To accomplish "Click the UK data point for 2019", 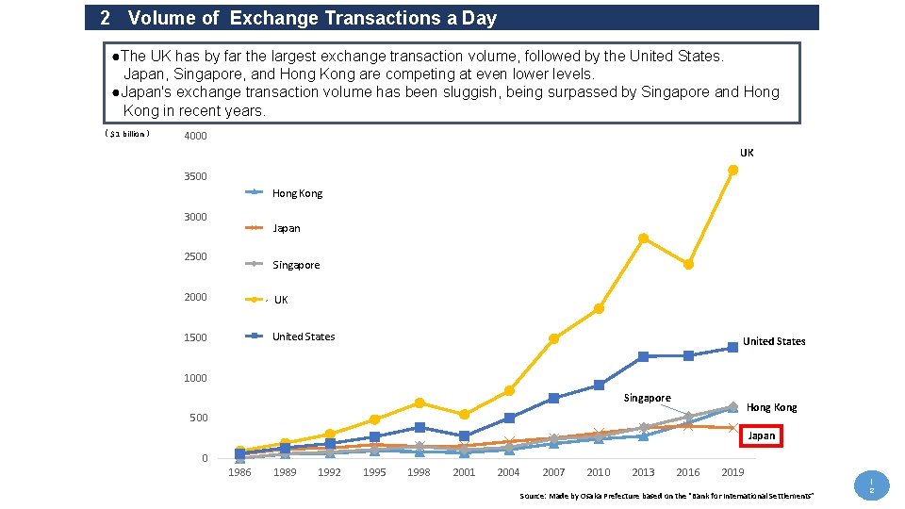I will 732,170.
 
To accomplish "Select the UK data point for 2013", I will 643,238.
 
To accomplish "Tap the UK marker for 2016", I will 688,265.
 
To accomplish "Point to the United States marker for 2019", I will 732,348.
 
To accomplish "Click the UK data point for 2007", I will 553,338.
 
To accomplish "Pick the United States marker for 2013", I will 643,356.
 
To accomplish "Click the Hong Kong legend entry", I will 296,193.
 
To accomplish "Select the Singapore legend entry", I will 295,265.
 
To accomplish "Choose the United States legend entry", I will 303,337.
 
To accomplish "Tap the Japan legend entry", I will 286,228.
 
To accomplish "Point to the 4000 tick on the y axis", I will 196,136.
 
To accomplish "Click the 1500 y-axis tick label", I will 196,337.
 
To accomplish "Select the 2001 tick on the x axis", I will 464,472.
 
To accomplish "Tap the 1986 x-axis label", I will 239,472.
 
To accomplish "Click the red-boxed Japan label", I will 761,435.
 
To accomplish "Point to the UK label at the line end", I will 747,152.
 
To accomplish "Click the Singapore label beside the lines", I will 647,398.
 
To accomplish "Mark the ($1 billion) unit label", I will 127,134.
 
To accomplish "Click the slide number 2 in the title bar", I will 105,18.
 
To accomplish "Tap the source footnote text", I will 666,496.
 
